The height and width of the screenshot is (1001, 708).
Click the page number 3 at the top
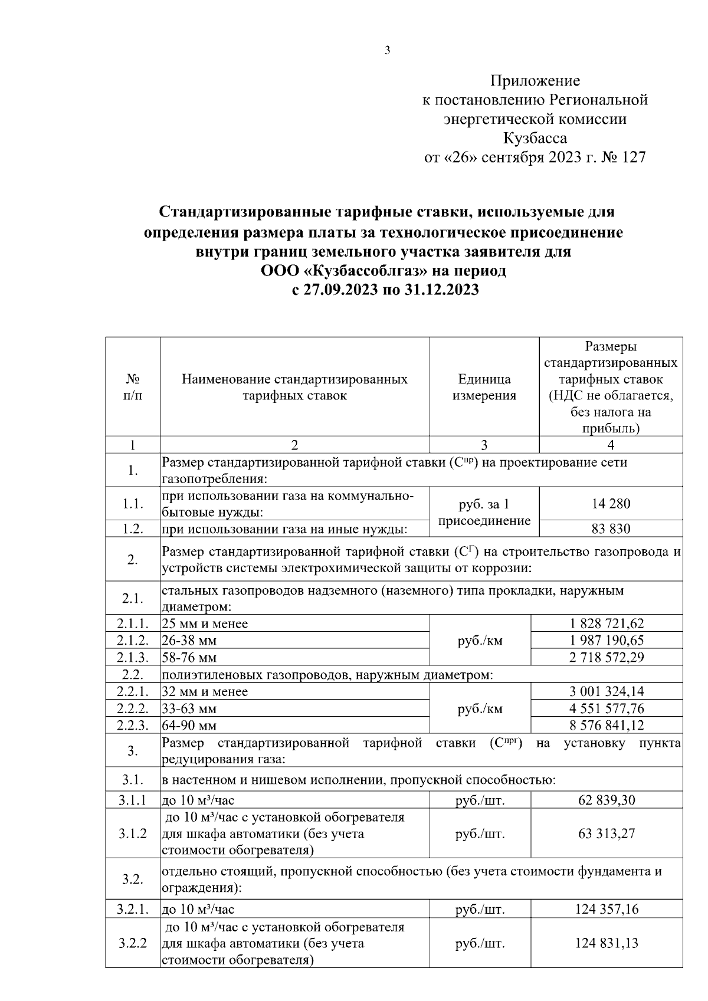click(387, 51)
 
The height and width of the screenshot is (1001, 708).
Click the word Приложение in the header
click(535, 81)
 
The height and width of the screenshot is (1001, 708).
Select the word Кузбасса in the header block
click(535, 139)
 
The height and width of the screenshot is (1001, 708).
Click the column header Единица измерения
click(484, 387)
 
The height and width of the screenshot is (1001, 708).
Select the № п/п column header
click(132, 387)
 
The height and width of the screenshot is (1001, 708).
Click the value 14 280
click(611, 504)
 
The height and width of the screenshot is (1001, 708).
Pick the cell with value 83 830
click(611, 529)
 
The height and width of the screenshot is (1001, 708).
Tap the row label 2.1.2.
click(132, 641)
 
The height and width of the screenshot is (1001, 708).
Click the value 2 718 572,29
click(607, 657)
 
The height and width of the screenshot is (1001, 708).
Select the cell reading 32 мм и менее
click(205, 691)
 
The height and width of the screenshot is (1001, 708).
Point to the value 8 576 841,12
click(607, 726)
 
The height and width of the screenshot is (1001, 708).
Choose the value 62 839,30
click(607, 800)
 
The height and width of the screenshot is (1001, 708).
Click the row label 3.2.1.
click(132, 910)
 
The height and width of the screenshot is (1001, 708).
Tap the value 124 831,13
click(607, 943)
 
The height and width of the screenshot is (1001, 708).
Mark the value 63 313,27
click(607, 834)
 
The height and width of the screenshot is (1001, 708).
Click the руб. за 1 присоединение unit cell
click(484, 512)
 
